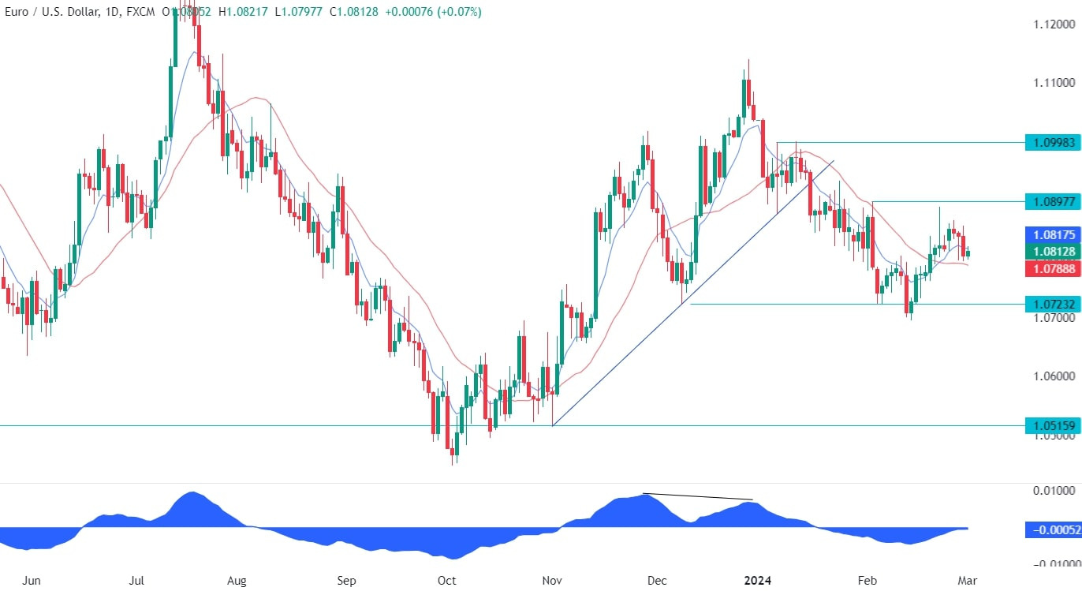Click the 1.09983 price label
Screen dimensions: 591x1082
click(1051, 143)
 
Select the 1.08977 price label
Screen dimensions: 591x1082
click(1051, 201)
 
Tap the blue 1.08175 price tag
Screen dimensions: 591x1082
click(1051, 235)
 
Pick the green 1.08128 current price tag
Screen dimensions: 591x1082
click(1051, 252)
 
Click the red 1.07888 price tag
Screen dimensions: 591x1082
click(1051, 269)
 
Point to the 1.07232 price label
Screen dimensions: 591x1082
click(1051, 304)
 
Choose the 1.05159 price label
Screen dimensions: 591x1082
click(1051, 426)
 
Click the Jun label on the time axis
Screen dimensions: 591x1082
click(32, 581)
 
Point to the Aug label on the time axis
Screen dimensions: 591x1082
click(237, 581)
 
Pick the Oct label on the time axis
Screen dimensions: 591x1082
click(446, 581)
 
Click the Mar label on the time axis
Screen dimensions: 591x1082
click(967, 581)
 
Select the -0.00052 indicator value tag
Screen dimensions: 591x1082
click(1052, 529)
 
